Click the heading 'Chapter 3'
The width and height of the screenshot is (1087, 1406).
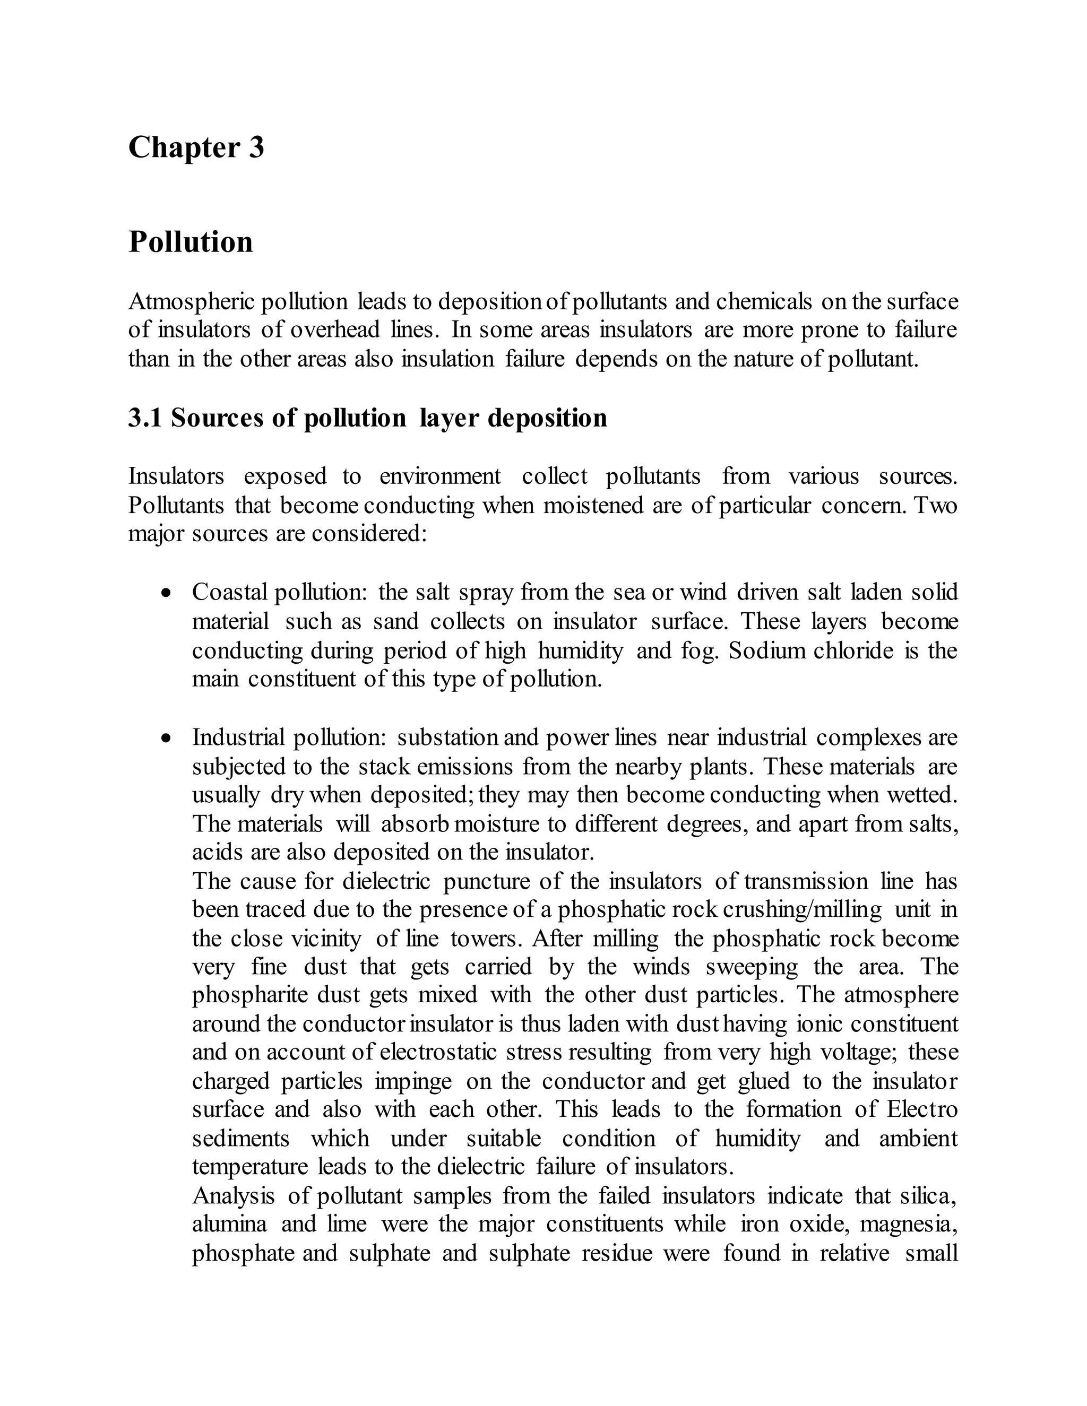(x=196, y=147)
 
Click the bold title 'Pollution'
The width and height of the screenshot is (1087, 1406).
(x=191, y=242)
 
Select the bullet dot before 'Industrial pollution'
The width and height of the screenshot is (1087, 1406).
(x=167, y=738)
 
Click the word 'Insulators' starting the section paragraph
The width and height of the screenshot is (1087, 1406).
(x=176, y=477)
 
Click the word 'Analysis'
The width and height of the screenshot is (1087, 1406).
(x=233, y=1196)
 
